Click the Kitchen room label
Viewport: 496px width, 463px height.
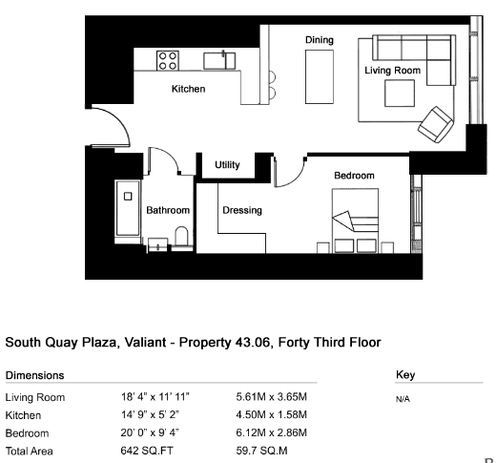pos(188,89)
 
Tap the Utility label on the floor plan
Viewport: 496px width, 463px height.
pos(227,165)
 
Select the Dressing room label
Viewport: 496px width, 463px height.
pos(242,210)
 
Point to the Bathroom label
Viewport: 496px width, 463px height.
pos(168,210)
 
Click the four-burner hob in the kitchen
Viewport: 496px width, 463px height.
pos(168,60)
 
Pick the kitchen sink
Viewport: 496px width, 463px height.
pos(219,60)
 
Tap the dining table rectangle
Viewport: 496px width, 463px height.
pos(320,76)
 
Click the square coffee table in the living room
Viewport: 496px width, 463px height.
pos(400,93)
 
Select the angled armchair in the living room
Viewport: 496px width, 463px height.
pos(435,124)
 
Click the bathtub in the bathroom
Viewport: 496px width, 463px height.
pos(128,208)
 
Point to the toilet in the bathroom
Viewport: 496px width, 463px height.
pos(181,236)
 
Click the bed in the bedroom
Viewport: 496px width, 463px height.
pos(355,221)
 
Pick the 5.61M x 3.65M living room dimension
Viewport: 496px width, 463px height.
pos(271,397)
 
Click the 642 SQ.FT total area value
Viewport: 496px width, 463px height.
pos(147,451)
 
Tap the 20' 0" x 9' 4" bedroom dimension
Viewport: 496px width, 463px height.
pos(150,432)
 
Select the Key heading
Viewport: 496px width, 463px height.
pos(405,375)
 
